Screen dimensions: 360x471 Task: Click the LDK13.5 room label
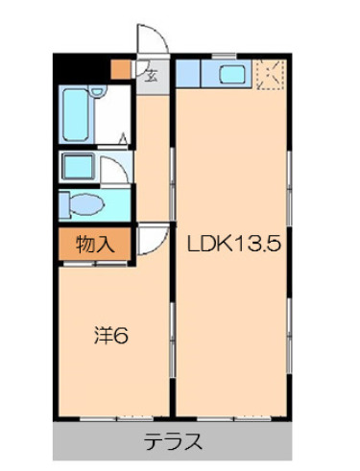(x=234, y=244)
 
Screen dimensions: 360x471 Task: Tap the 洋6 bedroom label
(x=111, y=335)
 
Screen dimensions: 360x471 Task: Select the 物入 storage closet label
(x=95, y=245)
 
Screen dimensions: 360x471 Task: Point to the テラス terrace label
(x=173, y=441)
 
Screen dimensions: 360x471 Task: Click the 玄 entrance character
(x=151, y=76)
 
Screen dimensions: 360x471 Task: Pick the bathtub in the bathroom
(x=76, y=115)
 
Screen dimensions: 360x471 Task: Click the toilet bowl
(x=86, y=204)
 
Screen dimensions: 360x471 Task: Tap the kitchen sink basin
(x=232, y=75)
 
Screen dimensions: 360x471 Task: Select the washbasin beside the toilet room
(x=79, y=166)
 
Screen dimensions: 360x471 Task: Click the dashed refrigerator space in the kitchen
(x=270, y=75)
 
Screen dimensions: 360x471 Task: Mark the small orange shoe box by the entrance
(x=121, y=69)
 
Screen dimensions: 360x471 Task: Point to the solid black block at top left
(x=82, y=68)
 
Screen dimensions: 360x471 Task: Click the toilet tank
(x=64, y=204)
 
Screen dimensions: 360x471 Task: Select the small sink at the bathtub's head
(x=97, y=91)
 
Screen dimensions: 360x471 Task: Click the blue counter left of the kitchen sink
(x=188, y=73)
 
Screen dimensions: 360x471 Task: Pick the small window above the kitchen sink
(x=224, y=57)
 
